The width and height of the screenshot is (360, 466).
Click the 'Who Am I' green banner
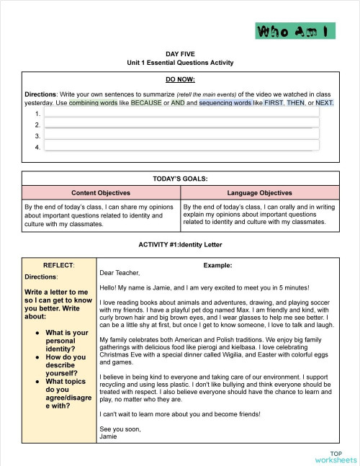pyautogui.click(x=295, y=31)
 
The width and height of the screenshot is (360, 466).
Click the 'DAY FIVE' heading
pyautogui.click(x=180, y=54)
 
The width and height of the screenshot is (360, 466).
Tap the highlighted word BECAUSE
pyautogui.click(x=146, y=103)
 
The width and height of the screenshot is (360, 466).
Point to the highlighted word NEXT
pyautogui.click(x=323, y=103)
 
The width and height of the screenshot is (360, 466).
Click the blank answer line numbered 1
pyautogui.click(x=181, y=113)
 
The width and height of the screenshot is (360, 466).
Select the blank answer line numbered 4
pyautogui.click(x=181, y=146)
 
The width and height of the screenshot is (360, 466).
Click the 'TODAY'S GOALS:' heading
pyautogui.click(x=180, y=179)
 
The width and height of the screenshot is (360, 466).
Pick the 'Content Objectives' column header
pyautogui.click(x=100, y=193)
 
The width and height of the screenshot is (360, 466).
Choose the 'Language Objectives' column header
pyautogui.click(x=259, y=193)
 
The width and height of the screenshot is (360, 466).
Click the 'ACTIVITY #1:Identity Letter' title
pyautogui.click(x=180, y=245)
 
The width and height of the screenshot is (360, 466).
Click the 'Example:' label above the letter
pyautogui.click(x=217, y=265)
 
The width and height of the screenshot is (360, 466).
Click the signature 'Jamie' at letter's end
pyautogui.click(x=108, y=436)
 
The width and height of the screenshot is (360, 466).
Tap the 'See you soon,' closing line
pyautogui.click(x=120, y=429)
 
